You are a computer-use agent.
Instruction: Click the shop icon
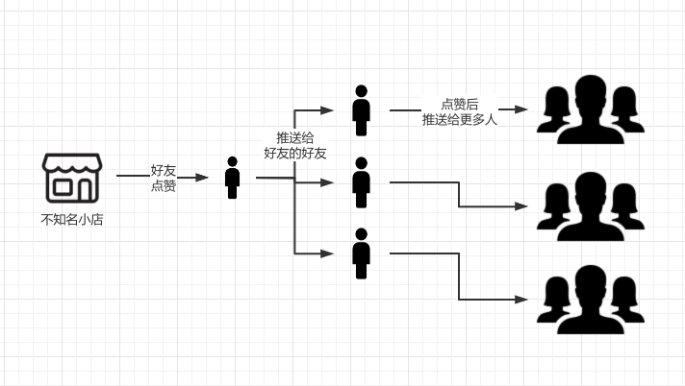[71, 177]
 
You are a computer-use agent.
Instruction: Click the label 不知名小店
[71, 219]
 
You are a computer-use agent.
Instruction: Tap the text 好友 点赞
[163, 178]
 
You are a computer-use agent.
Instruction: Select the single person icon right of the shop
[232, 178]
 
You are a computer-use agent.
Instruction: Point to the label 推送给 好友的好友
[295, 145]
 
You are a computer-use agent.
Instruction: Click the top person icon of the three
[361, 110]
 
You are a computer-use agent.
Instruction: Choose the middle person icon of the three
[361, 182]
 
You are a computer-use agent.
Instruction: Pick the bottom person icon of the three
[361, 253]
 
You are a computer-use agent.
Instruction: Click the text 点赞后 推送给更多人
[459, 111]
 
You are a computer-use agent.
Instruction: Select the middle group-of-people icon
[590, 206]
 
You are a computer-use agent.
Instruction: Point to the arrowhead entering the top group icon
[522, 110]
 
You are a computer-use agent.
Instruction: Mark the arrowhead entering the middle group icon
[522, 206]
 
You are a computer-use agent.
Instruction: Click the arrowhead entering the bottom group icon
[522, 300]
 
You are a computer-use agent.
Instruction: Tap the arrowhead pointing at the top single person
[328, 110]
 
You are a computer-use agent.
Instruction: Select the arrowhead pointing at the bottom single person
[328, 253]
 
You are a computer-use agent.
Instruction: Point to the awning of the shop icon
[71, 163]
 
